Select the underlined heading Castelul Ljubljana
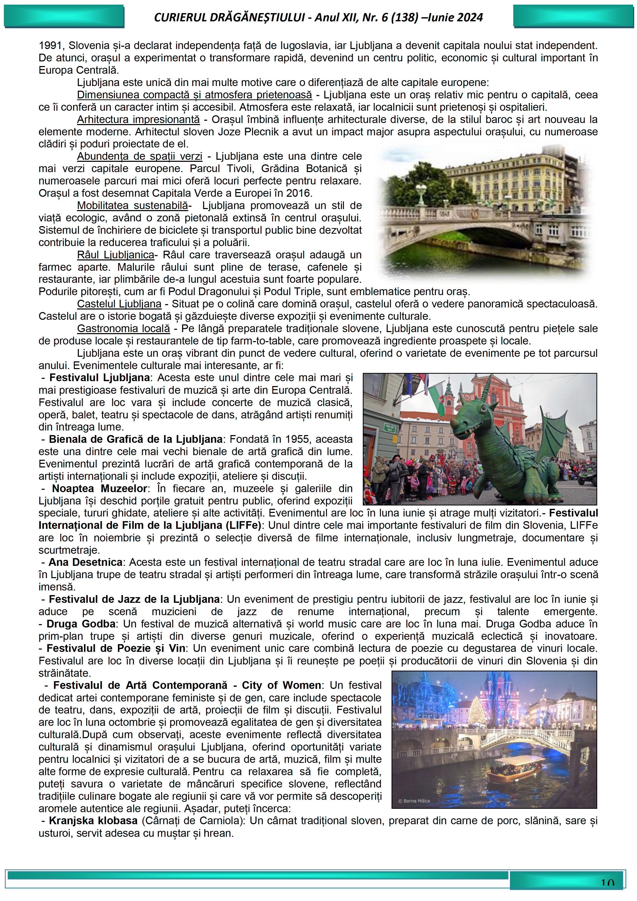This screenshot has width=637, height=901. (x=119, y=304)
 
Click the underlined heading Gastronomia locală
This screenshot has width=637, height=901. (x=123, y=329)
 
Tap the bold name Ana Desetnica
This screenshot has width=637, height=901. (x=85, y=562)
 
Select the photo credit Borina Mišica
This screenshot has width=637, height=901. (x=414, y=801)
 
